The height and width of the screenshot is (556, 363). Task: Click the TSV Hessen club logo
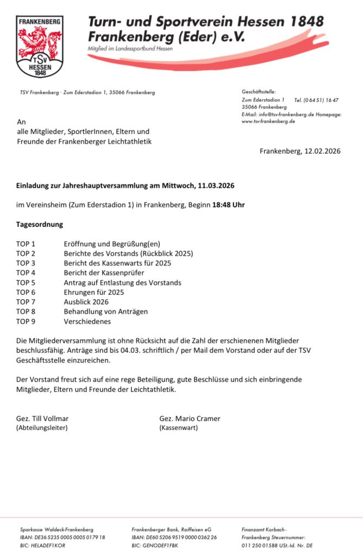pyautogui.click(x=40, y=46)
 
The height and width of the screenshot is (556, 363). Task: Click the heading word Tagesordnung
pyautogui.click(x=40, y=224)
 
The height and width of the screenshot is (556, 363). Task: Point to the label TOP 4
pyautogui.click(x=26, y=273)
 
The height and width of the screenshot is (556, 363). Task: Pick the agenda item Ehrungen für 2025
pyautogui.click(x=93, y=292)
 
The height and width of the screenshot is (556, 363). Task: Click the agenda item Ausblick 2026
pyautogui.click(x=86, y=302)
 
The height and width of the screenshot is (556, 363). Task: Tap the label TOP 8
pyautogui.click(x=26, y=312)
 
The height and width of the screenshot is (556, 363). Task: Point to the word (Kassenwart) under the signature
pyautogui.click(x=178, y=428)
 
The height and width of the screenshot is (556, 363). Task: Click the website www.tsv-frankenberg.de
pyautogui.click(x=268, y=122)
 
